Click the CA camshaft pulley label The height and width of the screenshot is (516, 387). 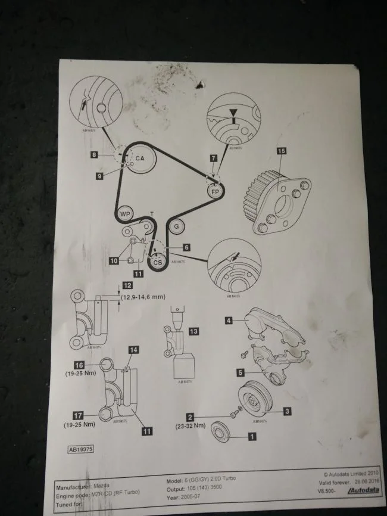tap(140, 158)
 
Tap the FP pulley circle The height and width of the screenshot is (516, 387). tap(215, 191)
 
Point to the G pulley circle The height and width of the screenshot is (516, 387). tap(176, 226)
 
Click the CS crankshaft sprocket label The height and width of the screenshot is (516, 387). tap(157, 261)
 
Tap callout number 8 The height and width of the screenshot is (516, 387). tap(95, 155)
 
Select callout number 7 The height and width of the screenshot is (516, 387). tap(214, 158)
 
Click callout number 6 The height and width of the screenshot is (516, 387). tap(186, 247)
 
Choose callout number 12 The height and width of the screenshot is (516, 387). tap(127, 285)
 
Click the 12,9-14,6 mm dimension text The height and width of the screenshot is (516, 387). tap(143, 296)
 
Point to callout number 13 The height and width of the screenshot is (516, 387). tap(193, 331)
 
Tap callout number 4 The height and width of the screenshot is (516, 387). tap(229, 321)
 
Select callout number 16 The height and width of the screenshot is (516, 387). tap(79, 365)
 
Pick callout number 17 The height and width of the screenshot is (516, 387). tap(78, 415)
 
